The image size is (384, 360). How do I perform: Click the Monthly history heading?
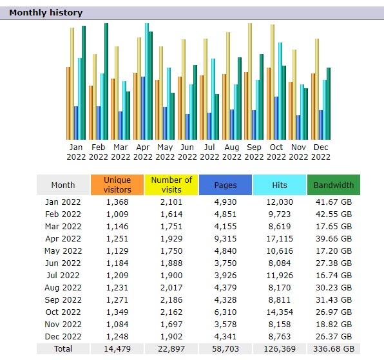(46, 13)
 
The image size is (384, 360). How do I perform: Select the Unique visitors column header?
(117, 185)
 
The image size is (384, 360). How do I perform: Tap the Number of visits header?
(171, 185)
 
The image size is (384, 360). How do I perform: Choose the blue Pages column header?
(226, 185)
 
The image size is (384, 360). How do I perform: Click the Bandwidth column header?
(334, 185)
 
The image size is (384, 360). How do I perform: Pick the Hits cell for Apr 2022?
(280, 239)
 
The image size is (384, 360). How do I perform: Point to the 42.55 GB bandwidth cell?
(334, 214)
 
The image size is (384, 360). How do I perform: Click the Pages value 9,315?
(226, 239)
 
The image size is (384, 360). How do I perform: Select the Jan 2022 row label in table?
(63, 202)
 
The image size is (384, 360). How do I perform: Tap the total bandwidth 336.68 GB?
(334, 349)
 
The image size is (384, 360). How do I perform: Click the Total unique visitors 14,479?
(117, 349)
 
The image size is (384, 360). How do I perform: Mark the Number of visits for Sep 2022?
(171, 300)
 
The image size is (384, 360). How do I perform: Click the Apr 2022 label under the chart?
(143, 152)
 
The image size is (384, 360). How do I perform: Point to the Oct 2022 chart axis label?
(276, 152)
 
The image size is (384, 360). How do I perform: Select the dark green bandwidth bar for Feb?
(106, 82)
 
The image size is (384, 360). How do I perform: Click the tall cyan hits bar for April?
(147, 82)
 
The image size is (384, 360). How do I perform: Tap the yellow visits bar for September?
(250, 82)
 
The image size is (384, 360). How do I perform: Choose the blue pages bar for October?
(276, 118)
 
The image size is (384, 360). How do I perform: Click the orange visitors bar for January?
(68, 104)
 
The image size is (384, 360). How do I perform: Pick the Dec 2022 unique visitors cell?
(117, 337)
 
